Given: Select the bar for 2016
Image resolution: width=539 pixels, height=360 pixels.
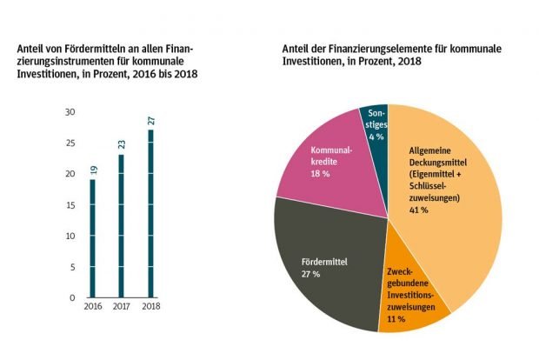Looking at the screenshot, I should click(x=93, y=239).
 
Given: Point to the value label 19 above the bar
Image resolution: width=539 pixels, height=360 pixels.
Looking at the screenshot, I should click(x=93, y=169).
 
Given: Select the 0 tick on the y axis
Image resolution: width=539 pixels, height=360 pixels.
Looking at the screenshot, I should click(x=73, y=298).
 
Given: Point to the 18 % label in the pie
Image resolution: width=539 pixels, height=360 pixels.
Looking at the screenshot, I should click(x=321, y=175).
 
